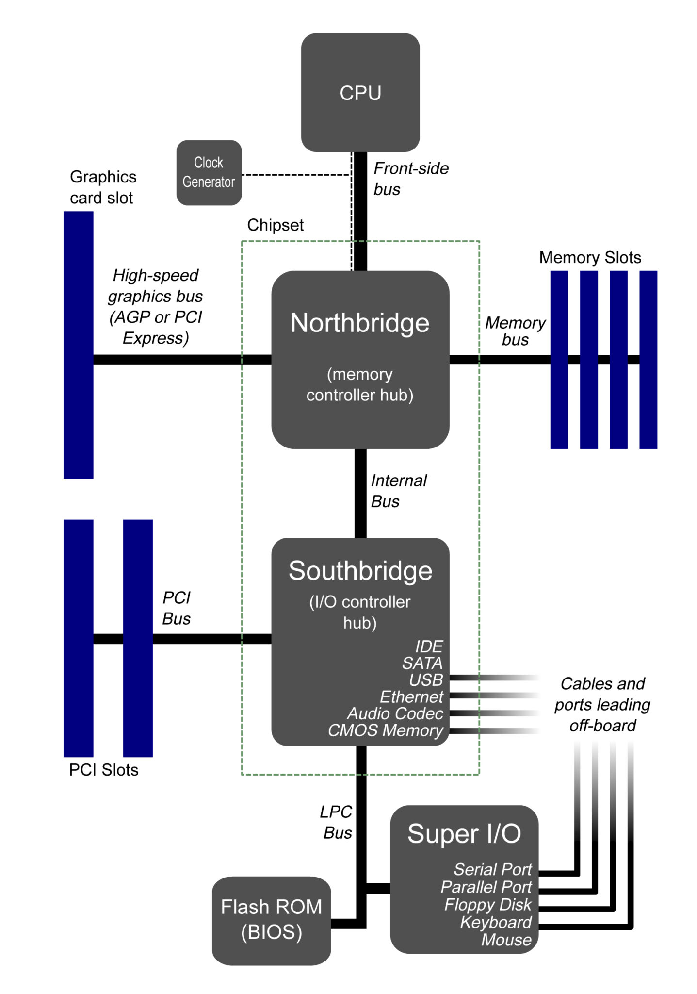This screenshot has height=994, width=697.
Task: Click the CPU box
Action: coord(360,92)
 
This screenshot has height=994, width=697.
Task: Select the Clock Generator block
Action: coord(209,172)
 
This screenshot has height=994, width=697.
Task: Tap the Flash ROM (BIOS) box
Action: coord(271,920)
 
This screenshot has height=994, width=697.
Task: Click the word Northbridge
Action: coord(359,323)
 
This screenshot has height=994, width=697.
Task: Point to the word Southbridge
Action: coord(360,571)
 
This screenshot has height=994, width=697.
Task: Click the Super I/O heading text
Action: coord(464,834)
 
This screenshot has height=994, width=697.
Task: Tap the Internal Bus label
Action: coord(398,491)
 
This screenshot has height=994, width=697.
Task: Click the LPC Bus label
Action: coord(336,822)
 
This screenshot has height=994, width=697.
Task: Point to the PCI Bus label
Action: coord(176,608)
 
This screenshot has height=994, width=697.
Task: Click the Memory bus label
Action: coord(515,331)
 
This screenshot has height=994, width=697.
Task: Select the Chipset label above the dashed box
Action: coord(275,225)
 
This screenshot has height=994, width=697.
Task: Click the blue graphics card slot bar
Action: coord(78,345)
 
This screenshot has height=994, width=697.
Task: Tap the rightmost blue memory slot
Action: coord(648,359)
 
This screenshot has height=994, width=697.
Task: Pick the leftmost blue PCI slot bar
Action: coord(78,638)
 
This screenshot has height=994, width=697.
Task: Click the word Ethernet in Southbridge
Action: coord(411,697)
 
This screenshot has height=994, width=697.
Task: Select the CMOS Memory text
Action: coord(385,730)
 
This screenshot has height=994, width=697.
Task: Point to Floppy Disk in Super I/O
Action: coord(487,905)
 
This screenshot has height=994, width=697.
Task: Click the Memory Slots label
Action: coord(590,257)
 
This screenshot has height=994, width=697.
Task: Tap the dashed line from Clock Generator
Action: coord(296,175)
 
